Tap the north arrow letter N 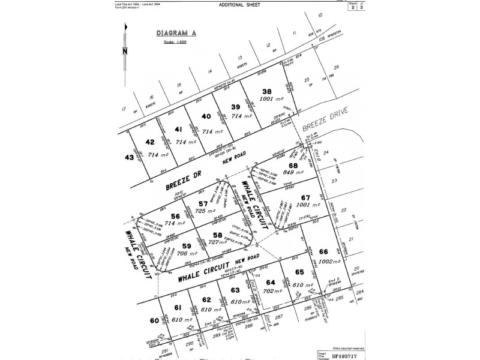click(124, 52)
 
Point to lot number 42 click(151, 142)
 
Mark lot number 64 click(271, 282)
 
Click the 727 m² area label click(217, 247)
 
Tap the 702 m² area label click(272, 291)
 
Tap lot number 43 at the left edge click(128, 157)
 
